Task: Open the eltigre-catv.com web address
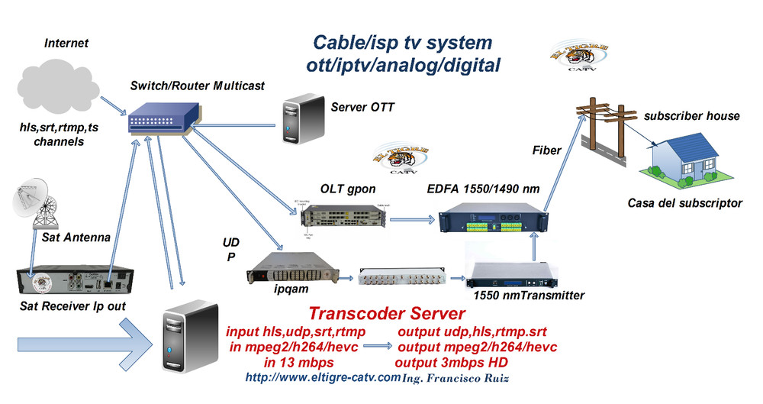click(x=323, y=377)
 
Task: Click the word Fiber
click(x=547, y=150)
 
